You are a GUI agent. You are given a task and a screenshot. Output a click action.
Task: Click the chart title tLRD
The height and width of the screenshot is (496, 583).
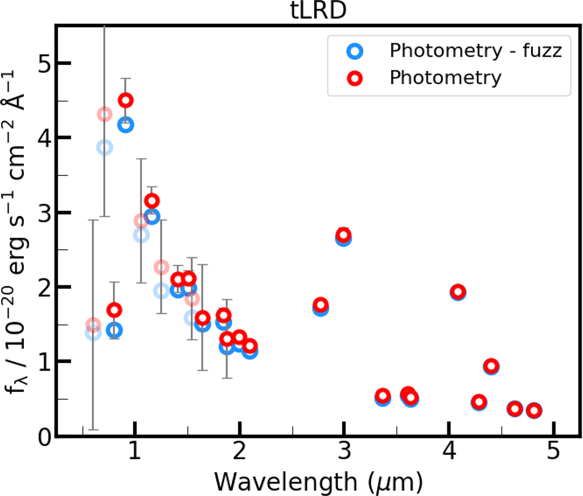click(x=316, y=11)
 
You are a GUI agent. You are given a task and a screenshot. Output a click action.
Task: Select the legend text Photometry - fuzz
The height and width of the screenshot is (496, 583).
click(x=475, y=51)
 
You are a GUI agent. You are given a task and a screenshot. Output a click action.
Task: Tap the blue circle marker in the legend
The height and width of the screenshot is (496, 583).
click(x=356, y=51)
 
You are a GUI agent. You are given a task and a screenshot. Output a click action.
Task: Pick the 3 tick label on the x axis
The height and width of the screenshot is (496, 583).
click(x=344, y=452)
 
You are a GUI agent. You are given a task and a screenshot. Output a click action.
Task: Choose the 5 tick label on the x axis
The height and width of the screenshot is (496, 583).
click(x=553, y=452)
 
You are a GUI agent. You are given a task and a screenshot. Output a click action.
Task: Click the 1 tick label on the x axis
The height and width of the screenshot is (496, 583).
click(x=135, y=452)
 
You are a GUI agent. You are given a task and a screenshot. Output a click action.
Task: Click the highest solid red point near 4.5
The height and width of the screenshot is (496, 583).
click(x=126, y=101)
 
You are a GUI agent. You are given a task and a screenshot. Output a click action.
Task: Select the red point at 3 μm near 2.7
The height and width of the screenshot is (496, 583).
click(x=343, y=235)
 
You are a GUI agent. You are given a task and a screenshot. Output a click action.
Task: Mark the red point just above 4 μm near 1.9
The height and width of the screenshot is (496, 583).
click(x=458, y=292)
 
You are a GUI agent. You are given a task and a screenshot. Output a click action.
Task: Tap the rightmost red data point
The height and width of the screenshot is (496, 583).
click(x=534, y=410)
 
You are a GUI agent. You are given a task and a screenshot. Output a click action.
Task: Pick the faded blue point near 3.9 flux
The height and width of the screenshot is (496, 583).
click(x=104, y=147)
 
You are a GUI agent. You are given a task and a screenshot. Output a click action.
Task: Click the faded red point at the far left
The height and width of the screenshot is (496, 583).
click(x=93, y=325)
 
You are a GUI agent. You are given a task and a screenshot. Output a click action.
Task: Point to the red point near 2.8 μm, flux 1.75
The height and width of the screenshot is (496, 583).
click(x=320, y=305)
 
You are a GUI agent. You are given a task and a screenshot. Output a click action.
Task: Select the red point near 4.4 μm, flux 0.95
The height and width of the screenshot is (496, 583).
click(x=491, y=366)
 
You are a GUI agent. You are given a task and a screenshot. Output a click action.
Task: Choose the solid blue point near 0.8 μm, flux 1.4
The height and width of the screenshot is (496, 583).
click(x=114, y=331)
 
